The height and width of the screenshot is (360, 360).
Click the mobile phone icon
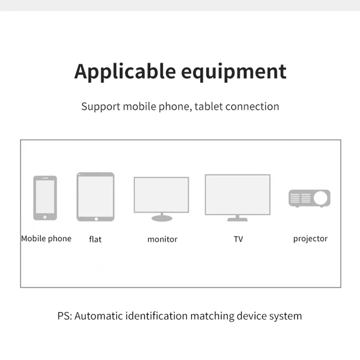pyautogui.click(x=45, y=198)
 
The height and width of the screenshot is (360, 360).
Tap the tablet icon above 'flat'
pyautogui.click(x=95, y=197)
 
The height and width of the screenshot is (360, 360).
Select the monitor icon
pyautogui.click(x=162, y=198)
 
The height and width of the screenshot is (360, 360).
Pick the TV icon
pyautogui.click(x=238, y=197)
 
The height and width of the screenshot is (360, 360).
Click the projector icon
pyautogui.click(x=310, y=198)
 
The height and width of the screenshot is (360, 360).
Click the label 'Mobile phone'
pyautogui.click(x=46, y=238)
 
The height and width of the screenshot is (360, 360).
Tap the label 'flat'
pyautogui.click(x=95, y=239)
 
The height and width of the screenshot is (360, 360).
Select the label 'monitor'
pyautogui.click(x=162, y=239)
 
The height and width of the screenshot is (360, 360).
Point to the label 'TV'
pyautogui.click(x=238, y=239)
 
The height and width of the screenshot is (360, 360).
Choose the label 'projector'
pyautogui.click(x=310, y=239)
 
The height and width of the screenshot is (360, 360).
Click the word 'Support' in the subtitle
pyautogui.click(x=101, y=107)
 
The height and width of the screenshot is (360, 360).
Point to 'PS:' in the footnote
pyautogui.click(x=64, y=316)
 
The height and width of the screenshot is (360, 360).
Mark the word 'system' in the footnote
pyautogui.click(x=285, y=316)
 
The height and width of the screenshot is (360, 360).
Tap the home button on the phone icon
pyautogui.click(x=45, y=217)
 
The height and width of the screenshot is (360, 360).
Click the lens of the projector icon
pyautogui.click(x=321, y=198)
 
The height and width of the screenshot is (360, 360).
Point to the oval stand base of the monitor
pyautogui.click(x=162, y=218)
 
